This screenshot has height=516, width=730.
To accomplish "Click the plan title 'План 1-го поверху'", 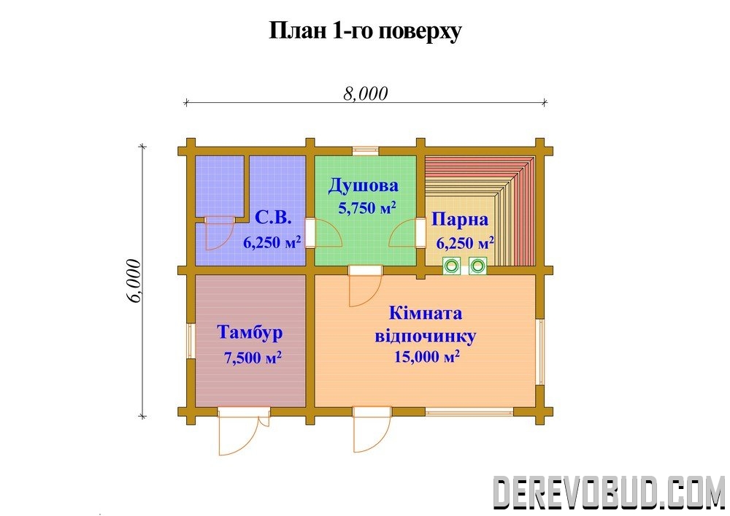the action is [x=366, y=31].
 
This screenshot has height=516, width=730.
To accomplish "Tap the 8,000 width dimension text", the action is [x=366, y=93].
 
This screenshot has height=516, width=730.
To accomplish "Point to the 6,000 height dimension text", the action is [x=134, y=280].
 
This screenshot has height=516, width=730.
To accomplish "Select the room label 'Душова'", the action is [x=363, y=185].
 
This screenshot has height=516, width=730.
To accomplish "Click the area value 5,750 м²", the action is [x=367, y=207].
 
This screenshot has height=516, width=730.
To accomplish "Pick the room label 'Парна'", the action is [x=460, y=219].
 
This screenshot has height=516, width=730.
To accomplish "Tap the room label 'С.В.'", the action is [x=273, y=217].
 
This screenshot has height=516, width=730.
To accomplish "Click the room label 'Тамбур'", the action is [x=250, y=332].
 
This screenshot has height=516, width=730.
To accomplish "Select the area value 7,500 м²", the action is [x=253, y=358].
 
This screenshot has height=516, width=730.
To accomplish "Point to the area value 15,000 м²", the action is [x=427, y=356].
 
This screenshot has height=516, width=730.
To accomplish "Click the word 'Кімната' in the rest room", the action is [x=426, y=313].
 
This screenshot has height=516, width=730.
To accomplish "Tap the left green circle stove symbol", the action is [x=451, y=266].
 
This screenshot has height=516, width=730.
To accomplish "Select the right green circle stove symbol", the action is [x=477, y=266].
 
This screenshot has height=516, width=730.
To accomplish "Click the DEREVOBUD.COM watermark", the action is [x=608, y=492].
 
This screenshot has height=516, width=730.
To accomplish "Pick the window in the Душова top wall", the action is [x=366, y=151].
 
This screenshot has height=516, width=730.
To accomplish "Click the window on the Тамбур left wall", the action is [x=191, y=341].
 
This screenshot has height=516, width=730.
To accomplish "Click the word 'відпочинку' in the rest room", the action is [x=426, y=336].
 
